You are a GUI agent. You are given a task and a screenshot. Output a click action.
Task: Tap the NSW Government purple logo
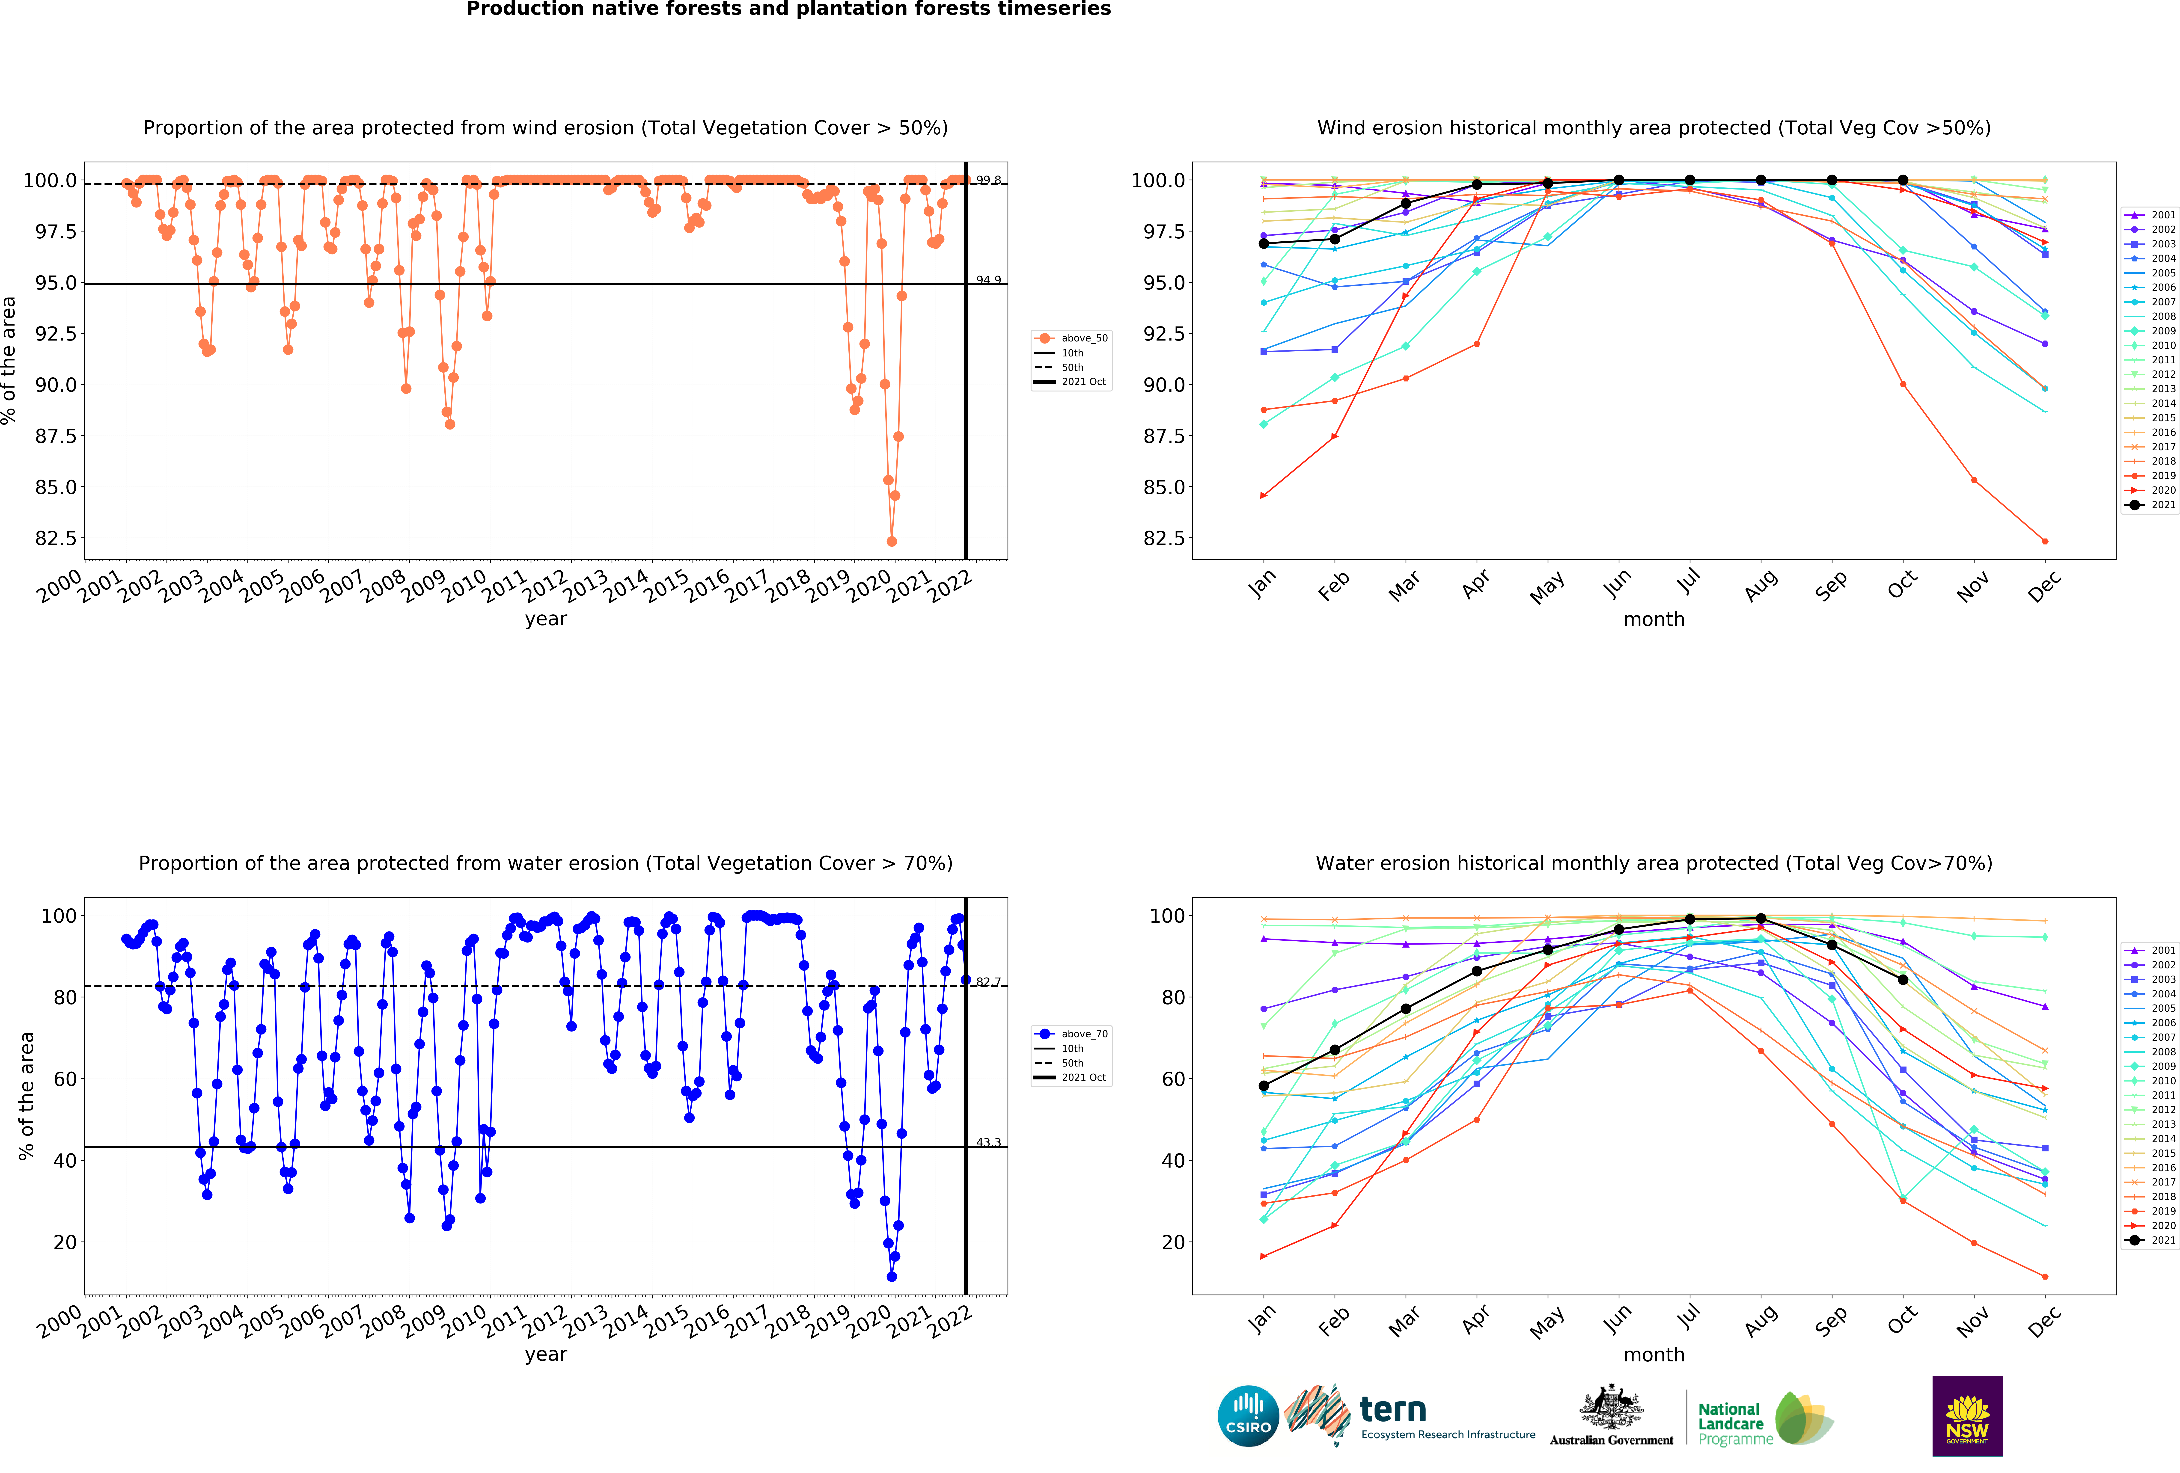pyautogui.click(x=1967, y=1416)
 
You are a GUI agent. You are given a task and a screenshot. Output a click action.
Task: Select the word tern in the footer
pyautogui.click(x=1393, y=1409)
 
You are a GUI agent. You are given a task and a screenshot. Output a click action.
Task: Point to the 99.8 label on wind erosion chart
pyautogui.click(x=989, y=180)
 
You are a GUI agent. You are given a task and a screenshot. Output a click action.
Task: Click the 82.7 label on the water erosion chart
pyautogui.click(x=989, y=982)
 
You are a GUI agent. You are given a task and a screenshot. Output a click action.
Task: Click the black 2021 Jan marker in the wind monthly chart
pyautogui.click(x=1264, y=244)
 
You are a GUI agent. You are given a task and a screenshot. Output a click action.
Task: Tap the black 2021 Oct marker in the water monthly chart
pyautogui.click(x=1902, y=980)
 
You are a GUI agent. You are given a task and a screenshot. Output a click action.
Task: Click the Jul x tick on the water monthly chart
pyautogui.click(x=1689, y=1317)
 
